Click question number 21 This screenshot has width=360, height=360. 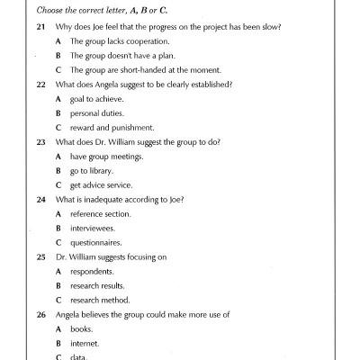click(x=41, y=28)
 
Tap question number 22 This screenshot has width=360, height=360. click(x=41, y=85)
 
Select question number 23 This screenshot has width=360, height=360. click(x=41, y=142)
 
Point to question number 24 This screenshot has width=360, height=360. click(x=41, y=199)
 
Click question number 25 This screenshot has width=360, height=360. click(x=41, y=257)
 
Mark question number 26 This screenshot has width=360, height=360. click(x=41, y=315)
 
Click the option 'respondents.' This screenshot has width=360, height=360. click(x=93, y=272)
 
